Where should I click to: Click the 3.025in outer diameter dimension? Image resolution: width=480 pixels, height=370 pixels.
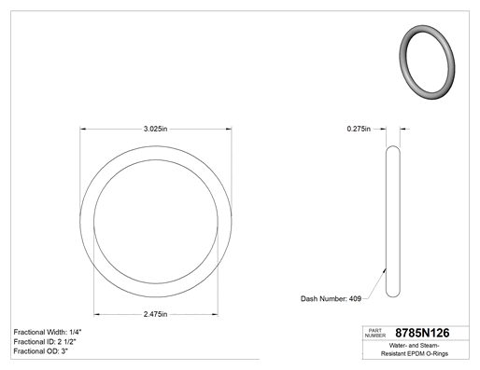155,129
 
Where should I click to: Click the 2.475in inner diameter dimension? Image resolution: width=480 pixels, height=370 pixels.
155,314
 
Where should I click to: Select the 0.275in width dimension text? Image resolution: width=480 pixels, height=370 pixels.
359,129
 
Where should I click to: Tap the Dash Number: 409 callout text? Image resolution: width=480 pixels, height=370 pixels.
331,298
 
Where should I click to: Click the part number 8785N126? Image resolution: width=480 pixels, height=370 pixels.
422,333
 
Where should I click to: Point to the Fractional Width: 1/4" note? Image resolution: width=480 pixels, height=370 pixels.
48,332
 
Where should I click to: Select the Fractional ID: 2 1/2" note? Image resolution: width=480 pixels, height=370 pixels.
45,342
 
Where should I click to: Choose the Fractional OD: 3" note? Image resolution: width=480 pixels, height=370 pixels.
41,351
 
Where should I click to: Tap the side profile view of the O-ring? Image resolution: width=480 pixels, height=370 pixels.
393,221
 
